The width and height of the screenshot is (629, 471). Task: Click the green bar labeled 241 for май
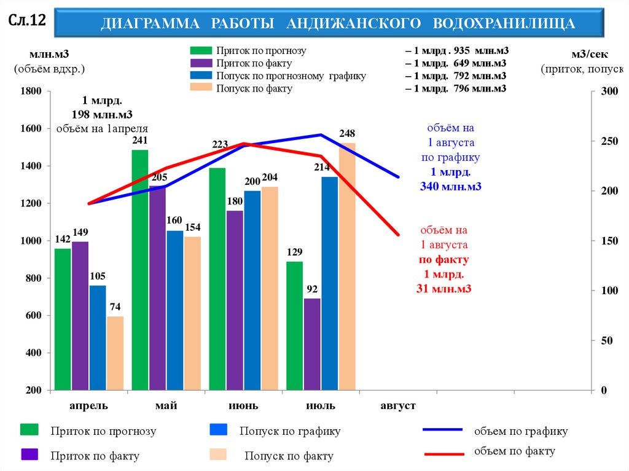(x=140, y=270)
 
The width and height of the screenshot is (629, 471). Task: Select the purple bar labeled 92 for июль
(x=312, y=344)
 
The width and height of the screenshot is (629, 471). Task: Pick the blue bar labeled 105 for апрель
(x=98, y=338)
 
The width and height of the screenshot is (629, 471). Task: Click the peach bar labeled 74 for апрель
(x=115, y=353)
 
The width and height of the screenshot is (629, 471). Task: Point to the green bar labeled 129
(x=295, y=325)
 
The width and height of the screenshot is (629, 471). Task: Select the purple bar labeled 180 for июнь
(x=235, y=300)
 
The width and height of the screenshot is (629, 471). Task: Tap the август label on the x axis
(x=398, y=406)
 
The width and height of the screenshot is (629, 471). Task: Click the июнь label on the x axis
(x=243, y=406)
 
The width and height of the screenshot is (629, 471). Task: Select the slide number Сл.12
(x=26, y=21)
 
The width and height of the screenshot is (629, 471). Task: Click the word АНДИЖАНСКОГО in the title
(x=353, y=23)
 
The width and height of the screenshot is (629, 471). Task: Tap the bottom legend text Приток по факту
(x=95, y=456)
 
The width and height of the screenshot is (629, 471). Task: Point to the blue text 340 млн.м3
(x=450, y=186)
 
